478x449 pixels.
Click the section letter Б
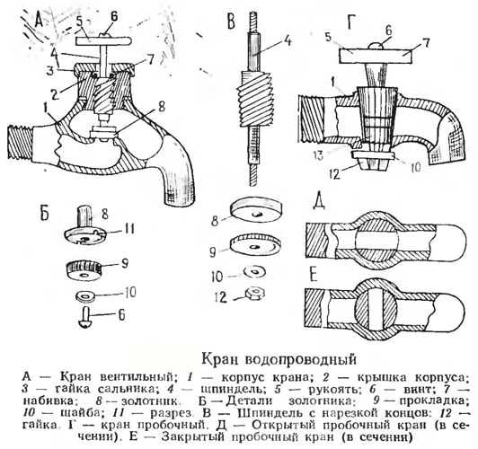point(45,212)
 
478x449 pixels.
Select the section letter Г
point(351,22)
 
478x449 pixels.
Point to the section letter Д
point(318,202)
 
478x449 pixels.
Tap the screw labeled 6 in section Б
point(85,318)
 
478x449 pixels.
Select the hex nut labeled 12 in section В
point(255,294)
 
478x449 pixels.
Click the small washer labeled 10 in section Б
point(85,295)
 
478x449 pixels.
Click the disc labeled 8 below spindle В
point(255,210)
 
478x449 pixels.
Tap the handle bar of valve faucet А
point(103,40)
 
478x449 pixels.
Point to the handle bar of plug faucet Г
point(376,57)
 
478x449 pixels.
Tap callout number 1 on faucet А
point(47,108)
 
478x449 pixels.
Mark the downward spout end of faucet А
point(180,197)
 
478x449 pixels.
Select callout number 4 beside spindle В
point(288,40)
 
